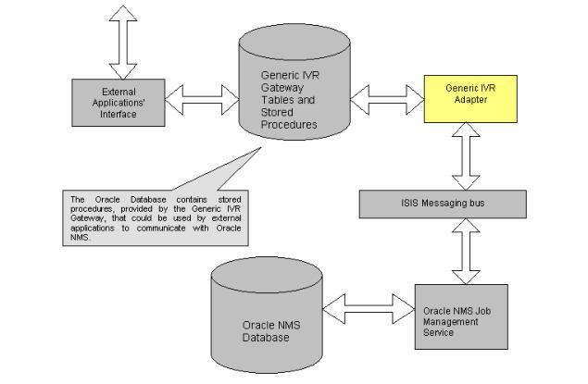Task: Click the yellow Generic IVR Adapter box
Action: pos(469,94)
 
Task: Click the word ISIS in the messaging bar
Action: pos(412,201)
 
